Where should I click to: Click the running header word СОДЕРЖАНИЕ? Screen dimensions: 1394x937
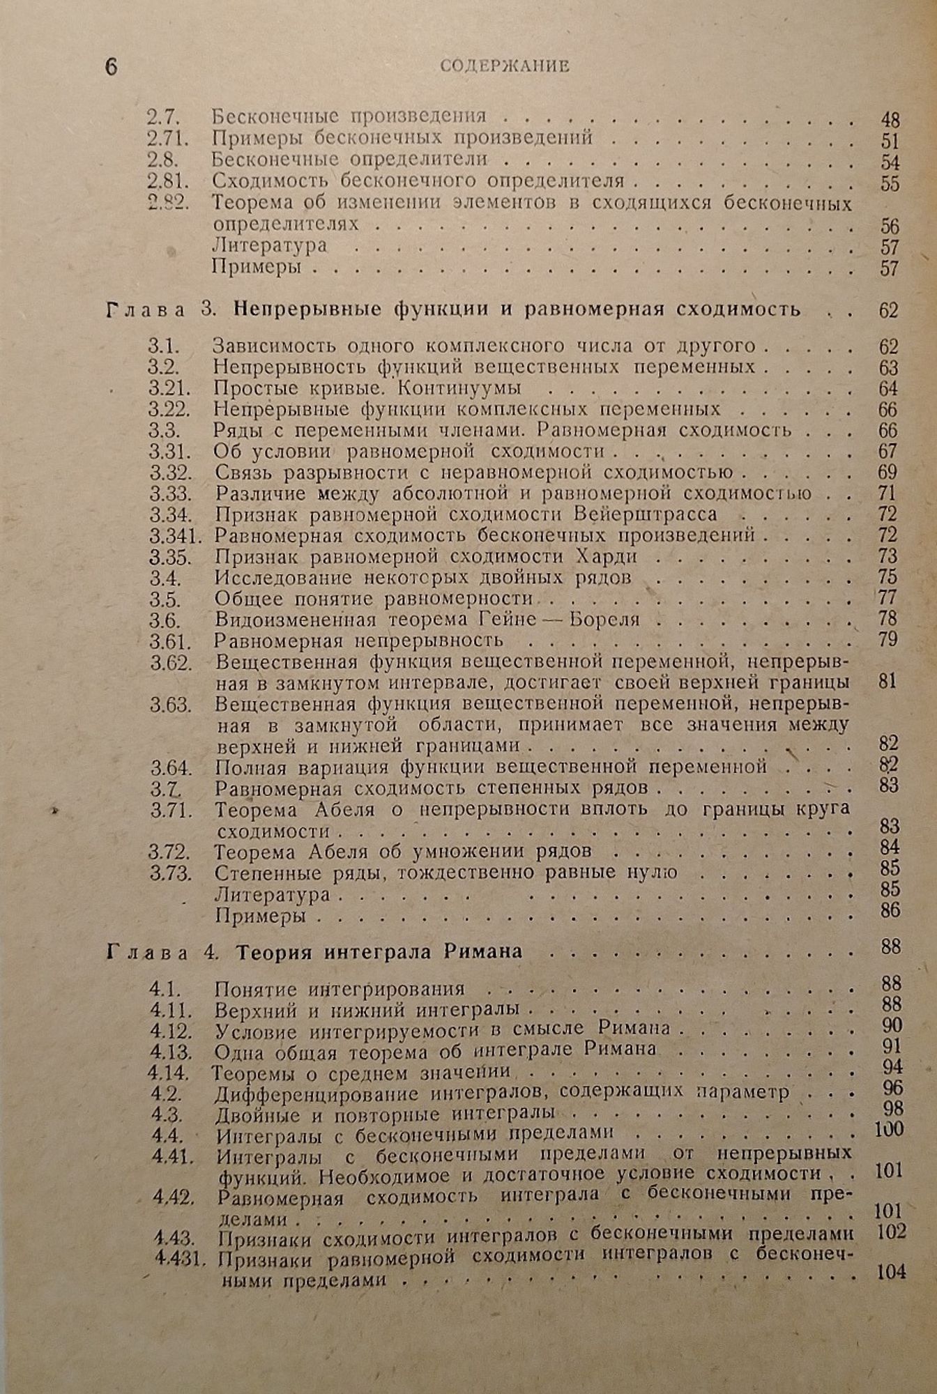point(505,66)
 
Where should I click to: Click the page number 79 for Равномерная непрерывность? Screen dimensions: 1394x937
point(888,639)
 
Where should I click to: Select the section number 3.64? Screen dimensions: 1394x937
point(171,768)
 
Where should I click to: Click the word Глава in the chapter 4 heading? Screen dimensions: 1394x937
point(146,952)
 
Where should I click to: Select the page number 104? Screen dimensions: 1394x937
point(891,1272)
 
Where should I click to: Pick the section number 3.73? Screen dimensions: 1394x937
point(169,873)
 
